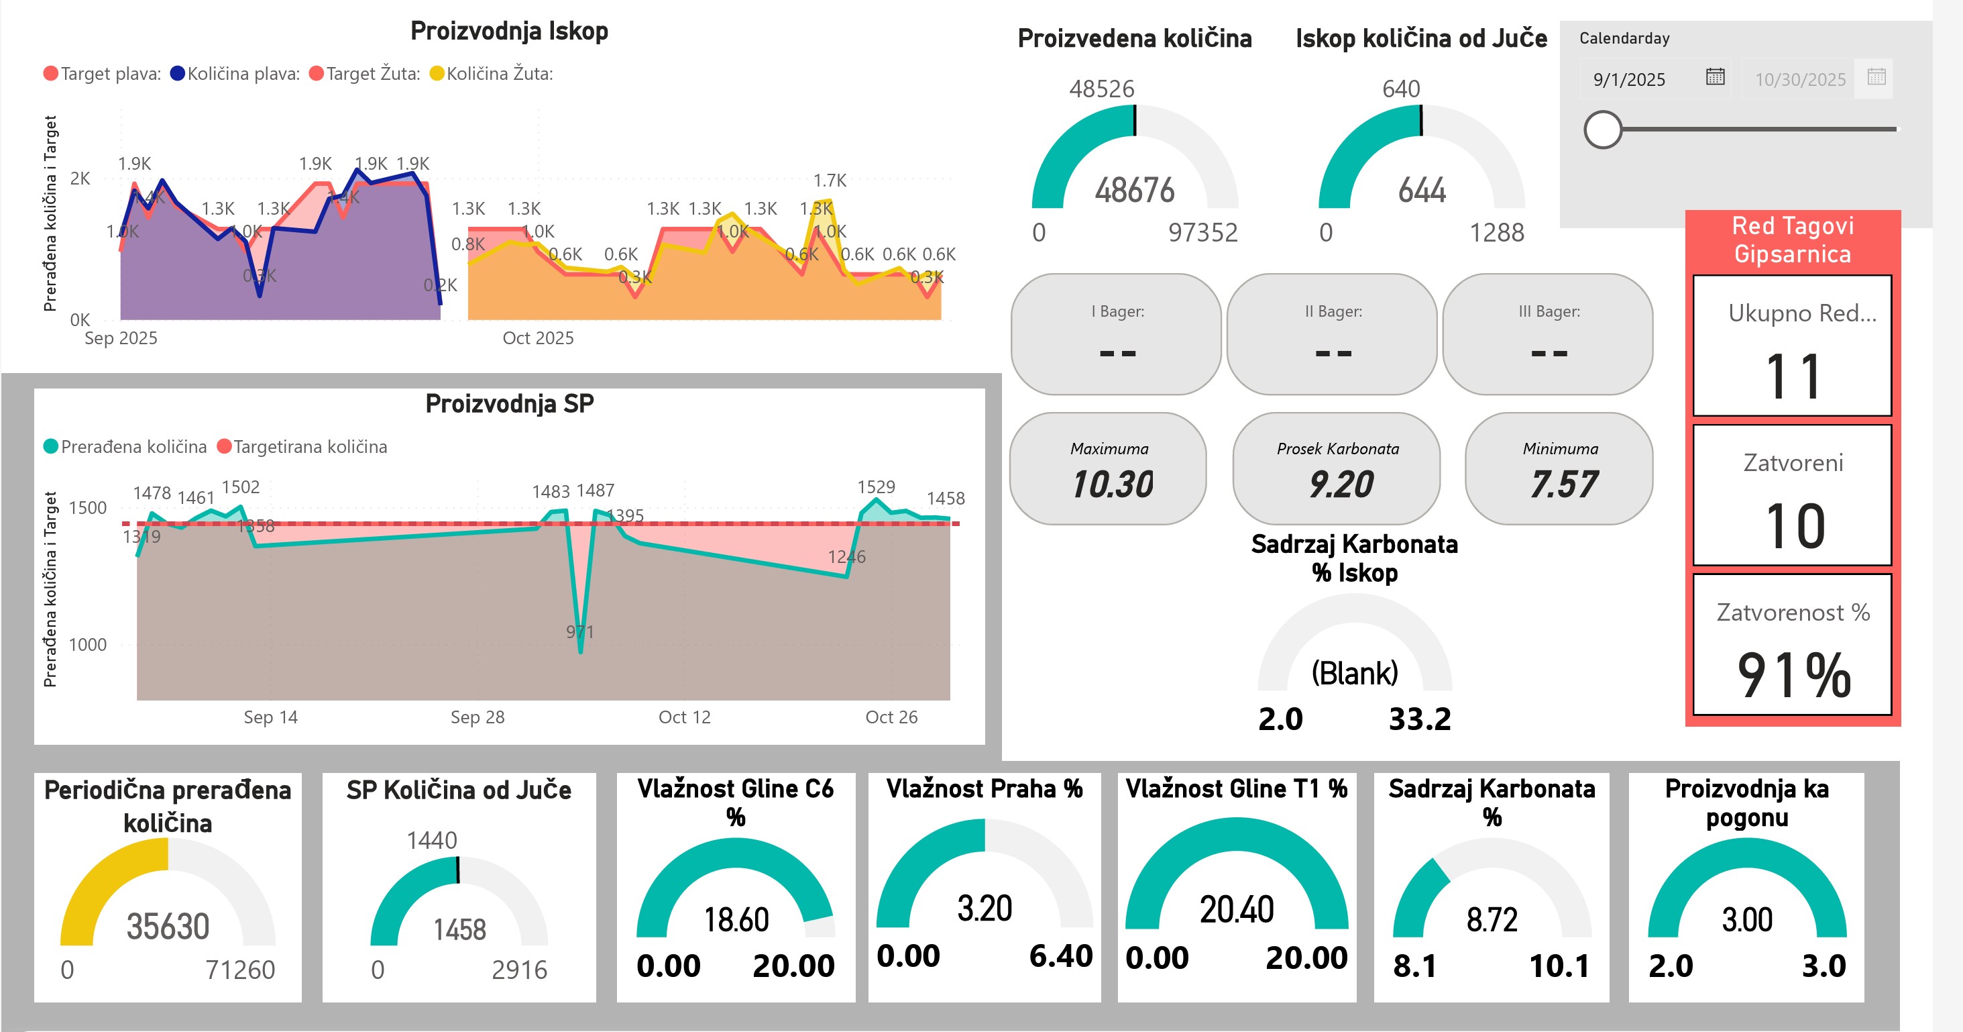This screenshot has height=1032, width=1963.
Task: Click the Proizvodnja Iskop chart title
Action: (x=509, y=32)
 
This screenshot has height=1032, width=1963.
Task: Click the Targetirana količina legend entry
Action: (x=309, y=447)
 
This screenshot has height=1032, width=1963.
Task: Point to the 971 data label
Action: (x=580, y=632)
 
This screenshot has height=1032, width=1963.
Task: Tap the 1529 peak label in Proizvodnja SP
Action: (x=876, y=487)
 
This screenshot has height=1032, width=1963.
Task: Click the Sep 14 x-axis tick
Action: (x=270, y=717)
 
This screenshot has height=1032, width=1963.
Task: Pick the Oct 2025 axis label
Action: (x=538, y=338)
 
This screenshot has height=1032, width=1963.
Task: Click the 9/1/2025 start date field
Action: (x=1629, y=79)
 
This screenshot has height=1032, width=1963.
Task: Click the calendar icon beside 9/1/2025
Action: (x=1715, y=77)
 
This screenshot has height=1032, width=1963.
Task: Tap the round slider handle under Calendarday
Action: (x=1603, y=130)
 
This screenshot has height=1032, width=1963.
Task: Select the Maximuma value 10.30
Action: (x=1113, y=484)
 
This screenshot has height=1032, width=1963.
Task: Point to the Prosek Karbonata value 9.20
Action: (x=1341, y=484)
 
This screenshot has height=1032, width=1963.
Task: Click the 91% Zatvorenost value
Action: (x=1794, y=675)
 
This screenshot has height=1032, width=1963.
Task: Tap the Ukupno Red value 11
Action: (x=1793, y=376)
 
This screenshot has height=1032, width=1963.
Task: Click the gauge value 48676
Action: (x=1135, y=191)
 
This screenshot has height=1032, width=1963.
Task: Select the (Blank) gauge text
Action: (x=1354, y=673)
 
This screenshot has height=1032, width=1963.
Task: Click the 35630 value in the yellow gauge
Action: (x=168, y=927)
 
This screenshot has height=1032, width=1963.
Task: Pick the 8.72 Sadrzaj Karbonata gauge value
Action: (x=1492, y=920)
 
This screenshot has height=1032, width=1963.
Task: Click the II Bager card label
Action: (x=1333, y=312)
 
